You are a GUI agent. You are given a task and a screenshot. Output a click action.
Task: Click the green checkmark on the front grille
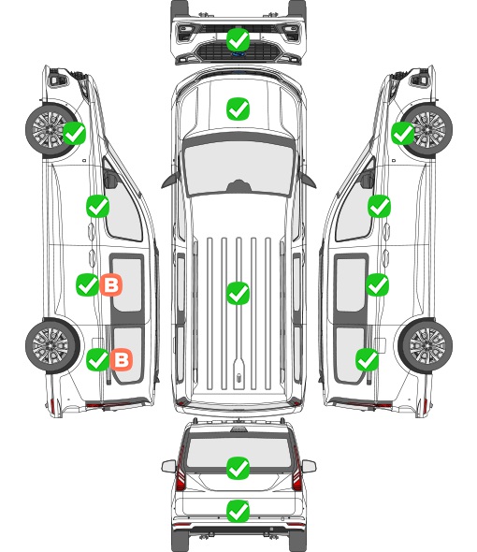238,40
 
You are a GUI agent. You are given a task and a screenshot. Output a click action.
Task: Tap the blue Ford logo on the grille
238,54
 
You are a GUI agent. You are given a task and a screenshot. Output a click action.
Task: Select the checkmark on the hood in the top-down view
238,109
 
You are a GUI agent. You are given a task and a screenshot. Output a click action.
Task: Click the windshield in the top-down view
238,167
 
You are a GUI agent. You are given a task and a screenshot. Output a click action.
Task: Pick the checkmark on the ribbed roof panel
238,293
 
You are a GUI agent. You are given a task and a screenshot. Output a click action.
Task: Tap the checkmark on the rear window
238,468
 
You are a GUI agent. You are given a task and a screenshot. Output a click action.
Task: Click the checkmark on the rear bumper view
238,511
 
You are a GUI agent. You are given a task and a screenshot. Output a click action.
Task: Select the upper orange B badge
111,284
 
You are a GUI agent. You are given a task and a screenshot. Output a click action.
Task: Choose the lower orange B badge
122,359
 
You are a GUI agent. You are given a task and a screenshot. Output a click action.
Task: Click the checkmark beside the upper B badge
87,284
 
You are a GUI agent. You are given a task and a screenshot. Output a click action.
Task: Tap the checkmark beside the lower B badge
97,359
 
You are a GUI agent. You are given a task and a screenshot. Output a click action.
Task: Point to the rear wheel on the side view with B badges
52,346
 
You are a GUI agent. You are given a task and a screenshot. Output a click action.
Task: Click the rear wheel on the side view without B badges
426,346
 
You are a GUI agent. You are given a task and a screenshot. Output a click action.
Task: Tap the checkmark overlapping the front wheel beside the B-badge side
74,134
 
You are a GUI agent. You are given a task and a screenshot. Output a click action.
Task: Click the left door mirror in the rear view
168,466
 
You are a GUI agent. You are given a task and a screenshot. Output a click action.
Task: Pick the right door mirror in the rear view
309,466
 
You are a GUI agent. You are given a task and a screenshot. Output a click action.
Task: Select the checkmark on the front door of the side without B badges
379,206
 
